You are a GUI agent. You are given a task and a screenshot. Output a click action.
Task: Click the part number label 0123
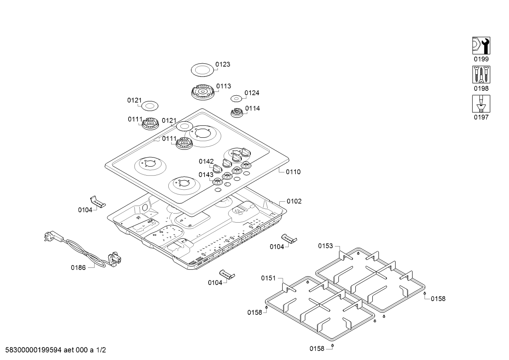point(223,64)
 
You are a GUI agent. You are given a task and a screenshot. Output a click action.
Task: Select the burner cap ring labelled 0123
point(202,69)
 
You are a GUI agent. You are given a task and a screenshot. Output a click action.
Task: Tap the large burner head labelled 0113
point(202,92)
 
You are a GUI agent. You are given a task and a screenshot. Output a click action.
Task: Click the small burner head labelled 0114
point(237,113)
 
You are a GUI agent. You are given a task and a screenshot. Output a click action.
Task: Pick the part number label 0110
point(293,172)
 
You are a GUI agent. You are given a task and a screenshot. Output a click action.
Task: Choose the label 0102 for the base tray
point(294,201)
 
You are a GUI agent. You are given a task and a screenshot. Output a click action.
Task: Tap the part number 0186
point(78,268)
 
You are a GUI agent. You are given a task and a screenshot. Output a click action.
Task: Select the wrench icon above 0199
point(481,46)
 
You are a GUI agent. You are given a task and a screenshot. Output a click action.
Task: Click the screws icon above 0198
point(481,75)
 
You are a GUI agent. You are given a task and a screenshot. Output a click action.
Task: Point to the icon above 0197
point(481,104)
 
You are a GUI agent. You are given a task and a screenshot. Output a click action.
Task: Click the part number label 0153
point(325,246)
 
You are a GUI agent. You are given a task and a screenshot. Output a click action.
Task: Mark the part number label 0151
point(268,278)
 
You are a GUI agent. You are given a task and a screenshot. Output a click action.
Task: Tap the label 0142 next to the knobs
point(206,161)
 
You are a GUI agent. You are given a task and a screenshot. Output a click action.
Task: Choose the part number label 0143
point(206,175)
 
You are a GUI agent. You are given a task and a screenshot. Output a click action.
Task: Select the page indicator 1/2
point(101,350)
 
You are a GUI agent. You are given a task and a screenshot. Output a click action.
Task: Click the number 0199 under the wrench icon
point(481,59)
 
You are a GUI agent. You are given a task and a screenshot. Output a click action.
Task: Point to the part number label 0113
point(224,86)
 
